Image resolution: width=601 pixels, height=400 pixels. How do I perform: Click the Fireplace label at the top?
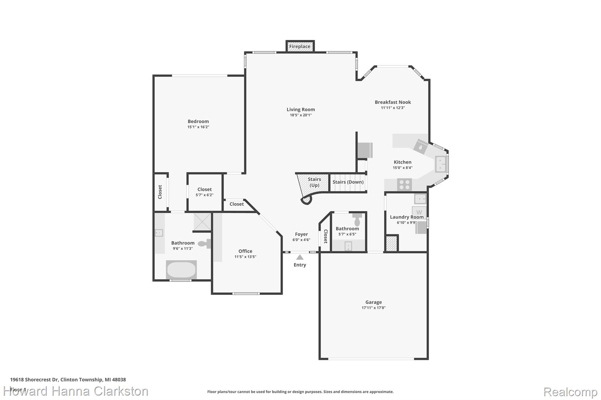[x=300, y=46]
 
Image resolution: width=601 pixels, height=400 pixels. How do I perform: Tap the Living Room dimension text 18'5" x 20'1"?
[x=301, y=115]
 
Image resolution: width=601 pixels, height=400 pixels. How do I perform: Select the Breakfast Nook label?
[x=393, y=102]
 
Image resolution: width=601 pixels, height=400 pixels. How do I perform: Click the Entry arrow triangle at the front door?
[x=300, y=257]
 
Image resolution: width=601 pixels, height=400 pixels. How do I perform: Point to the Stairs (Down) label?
[x=348, y=182]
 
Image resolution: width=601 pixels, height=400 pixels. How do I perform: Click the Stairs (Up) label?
[x=314, y=182]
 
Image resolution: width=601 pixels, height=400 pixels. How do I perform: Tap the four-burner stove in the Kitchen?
[x=404, y=185]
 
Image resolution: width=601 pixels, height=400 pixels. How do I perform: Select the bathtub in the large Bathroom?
[x=181, y=270]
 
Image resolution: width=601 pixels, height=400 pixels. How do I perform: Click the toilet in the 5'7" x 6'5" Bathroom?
[x=357, y=219]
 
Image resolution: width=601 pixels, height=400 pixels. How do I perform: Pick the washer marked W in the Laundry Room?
[x=419, y=212]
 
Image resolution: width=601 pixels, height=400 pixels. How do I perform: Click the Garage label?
[x=374, y=302]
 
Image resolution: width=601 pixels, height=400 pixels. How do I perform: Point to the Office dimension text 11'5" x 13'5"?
[x=245, y=257]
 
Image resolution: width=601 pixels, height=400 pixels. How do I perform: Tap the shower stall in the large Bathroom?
[x=202, y=222]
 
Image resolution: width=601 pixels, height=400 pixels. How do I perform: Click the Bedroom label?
[x=198, y=121]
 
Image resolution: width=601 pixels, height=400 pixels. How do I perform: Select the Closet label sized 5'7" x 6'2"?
[x=205, y=189]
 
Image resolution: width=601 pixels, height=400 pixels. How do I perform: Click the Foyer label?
[x=301, y=234]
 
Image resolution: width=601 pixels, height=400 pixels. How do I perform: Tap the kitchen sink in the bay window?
[x=441, y=164]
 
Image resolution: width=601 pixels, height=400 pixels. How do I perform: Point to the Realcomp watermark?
[x=570, y=392]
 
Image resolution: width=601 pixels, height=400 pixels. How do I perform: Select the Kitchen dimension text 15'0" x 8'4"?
[x=403, y=168]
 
